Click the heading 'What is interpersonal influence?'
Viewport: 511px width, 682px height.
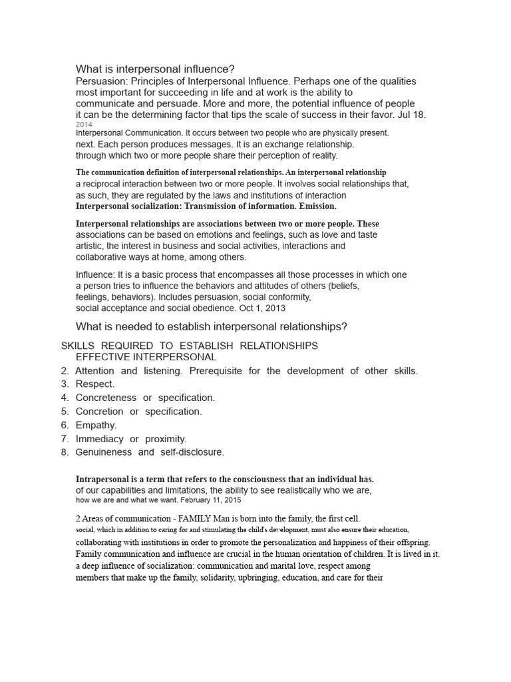[x=155, y=69]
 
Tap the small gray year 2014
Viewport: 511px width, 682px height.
[x=85, y=125]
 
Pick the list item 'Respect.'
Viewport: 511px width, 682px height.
[x=95, y=384]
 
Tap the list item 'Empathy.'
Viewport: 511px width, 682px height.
[x=96, y=425]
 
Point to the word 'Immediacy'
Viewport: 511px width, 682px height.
[x=100, y=439]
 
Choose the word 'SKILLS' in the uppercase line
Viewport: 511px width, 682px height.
[x=77, y=346]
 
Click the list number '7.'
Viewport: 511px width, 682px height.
[x=65, y=439]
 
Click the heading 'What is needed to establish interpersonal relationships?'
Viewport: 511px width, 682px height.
[x=212, y=326]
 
